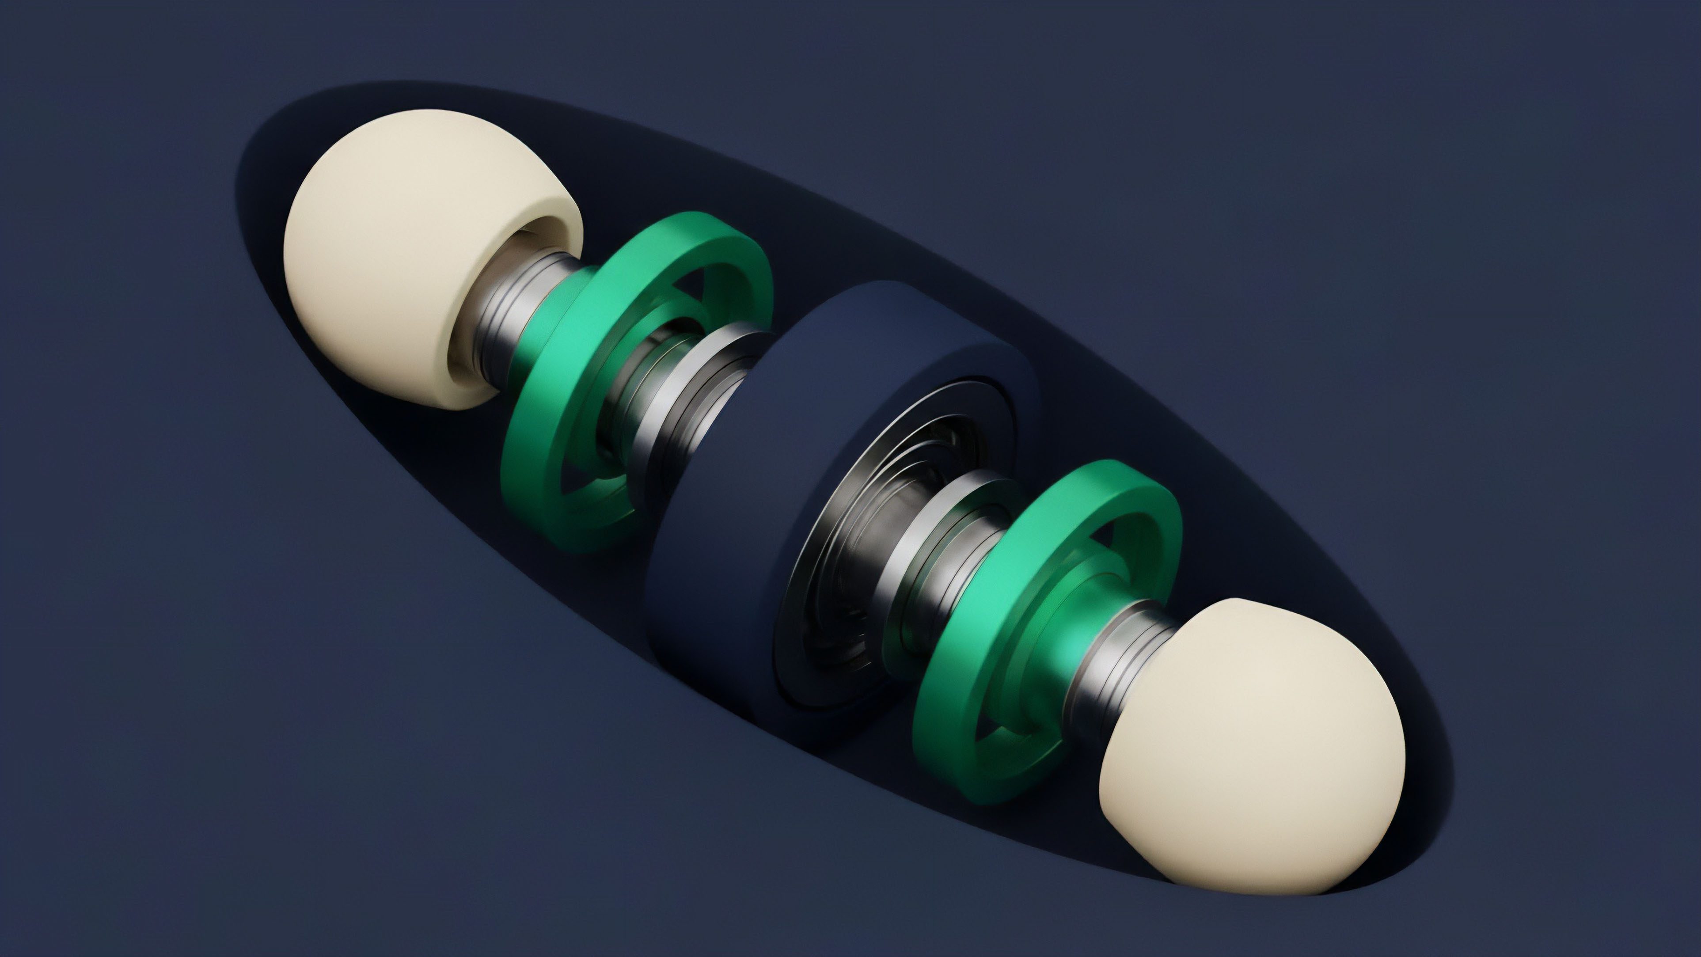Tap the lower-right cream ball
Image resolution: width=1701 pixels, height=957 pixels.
pos(1255,760)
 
